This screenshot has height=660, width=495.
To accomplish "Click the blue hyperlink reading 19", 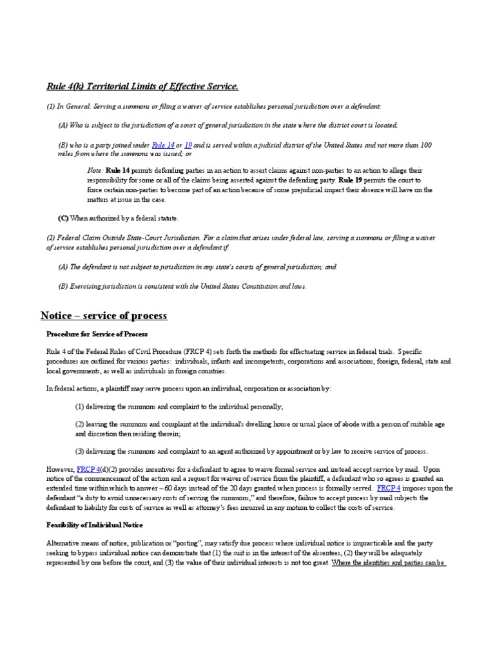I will point(189,146).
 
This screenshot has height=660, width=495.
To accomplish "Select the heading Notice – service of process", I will point(104,316).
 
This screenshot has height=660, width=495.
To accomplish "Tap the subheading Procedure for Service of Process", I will point(97,335).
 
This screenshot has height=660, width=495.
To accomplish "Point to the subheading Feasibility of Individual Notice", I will point(94,525).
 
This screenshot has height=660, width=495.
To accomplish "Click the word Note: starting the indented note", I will point(95,170).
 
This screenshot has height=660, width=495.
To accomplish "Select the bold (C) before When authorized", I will point(64,218).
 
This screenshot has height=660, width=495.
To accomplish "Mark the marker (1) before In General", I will point(52,106).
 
